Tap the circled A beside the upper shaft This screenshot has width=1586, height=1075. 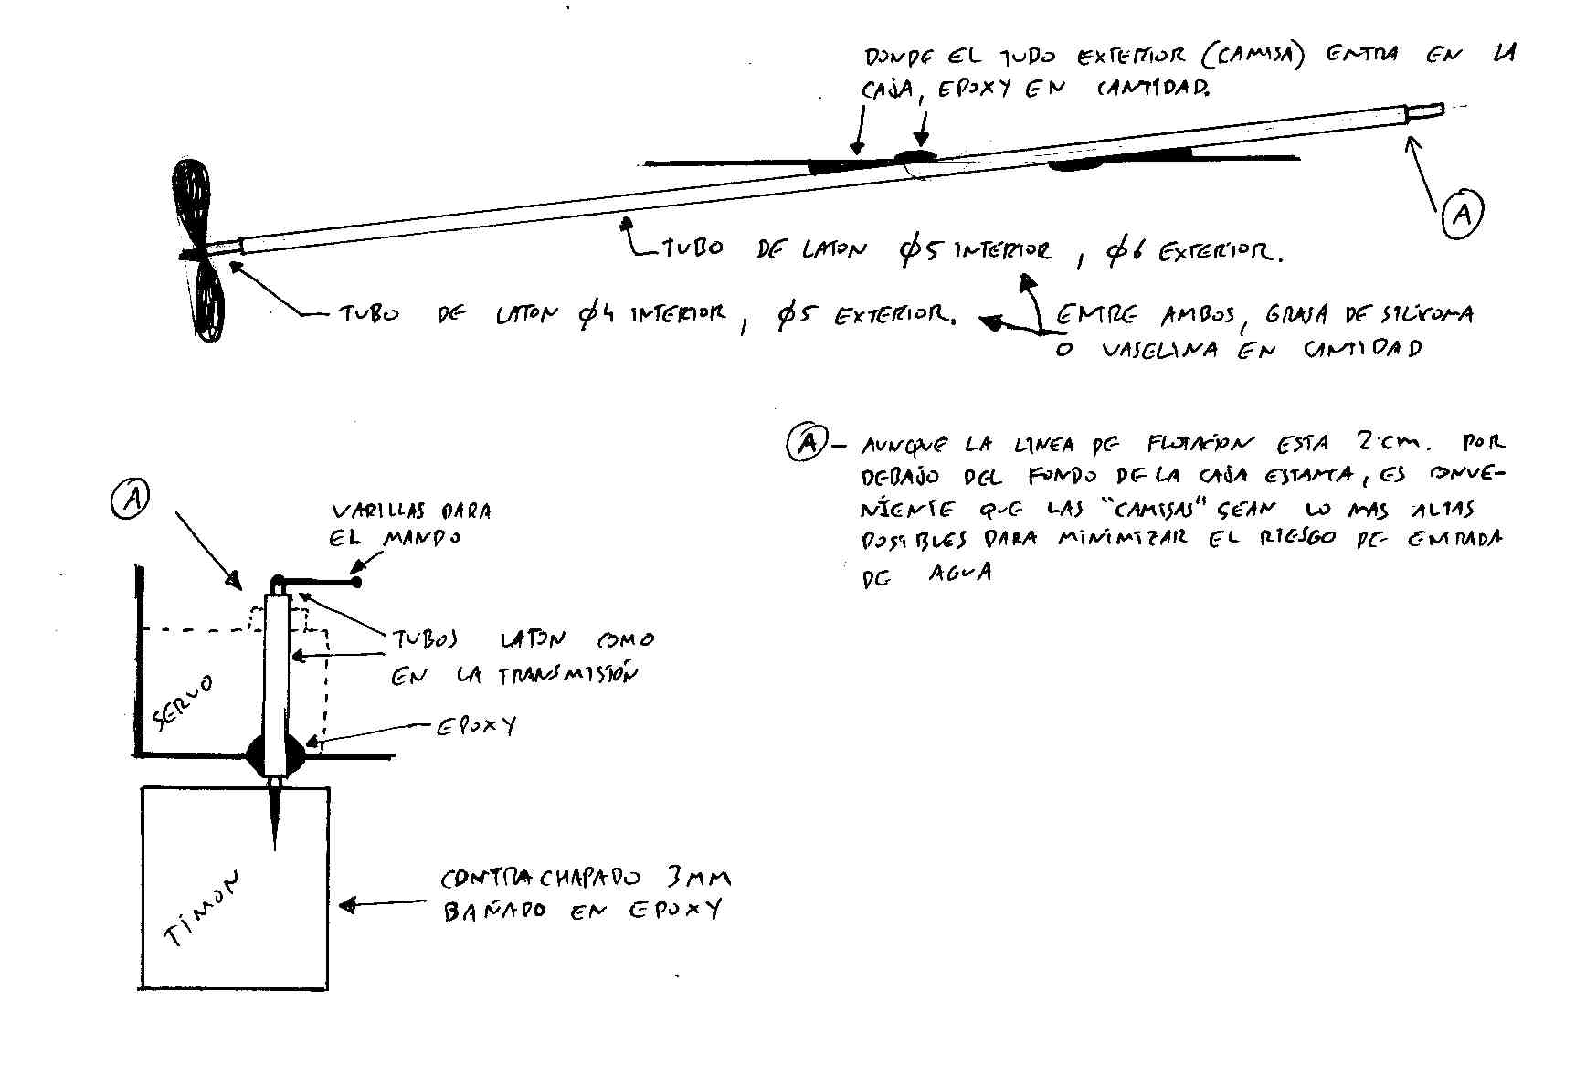click(1461, 213)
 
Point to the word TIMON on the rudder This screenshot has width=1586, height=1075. click(203, 908)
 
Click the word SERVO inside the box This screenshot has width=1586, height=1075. click(183, 703)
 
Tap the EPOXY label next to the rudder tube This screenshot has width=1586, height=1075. click(475, 725)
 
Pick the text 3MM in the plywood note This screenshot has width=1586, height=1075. click(698, 879)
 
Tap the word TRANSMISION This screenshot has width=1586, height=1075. click(566, 676)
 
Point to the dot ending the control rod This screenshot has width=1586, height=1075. click(356, 582)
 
